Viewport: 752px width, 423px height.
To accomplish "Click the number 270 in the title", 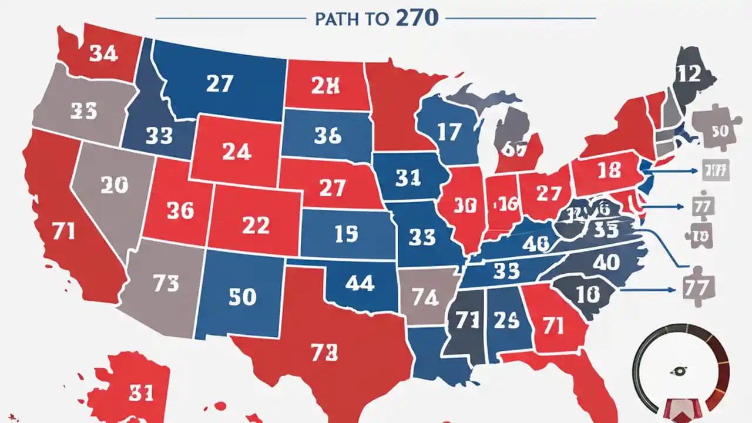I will click(x=417, y=18).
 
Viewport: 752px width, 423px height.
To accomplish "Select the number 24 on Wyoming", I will click(x=237, y=152).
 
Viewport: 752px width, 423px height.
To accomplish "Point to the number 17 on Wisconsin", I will click(x=449, y=132).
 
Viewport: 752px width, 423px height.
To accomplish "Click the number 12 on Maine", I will click(x=688, y=74).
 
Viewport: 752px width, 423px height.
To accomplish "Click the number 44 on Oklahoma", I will click(x=360, y=283).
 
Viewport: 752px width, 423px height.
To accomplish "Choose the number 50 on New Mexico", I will click(x=242, y=297).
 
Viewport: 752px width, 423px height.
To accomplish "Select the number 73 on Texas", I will click(x=324, y=352).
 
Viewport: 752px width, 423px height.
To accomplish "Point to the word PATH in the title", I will click(x=335, y=19).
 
